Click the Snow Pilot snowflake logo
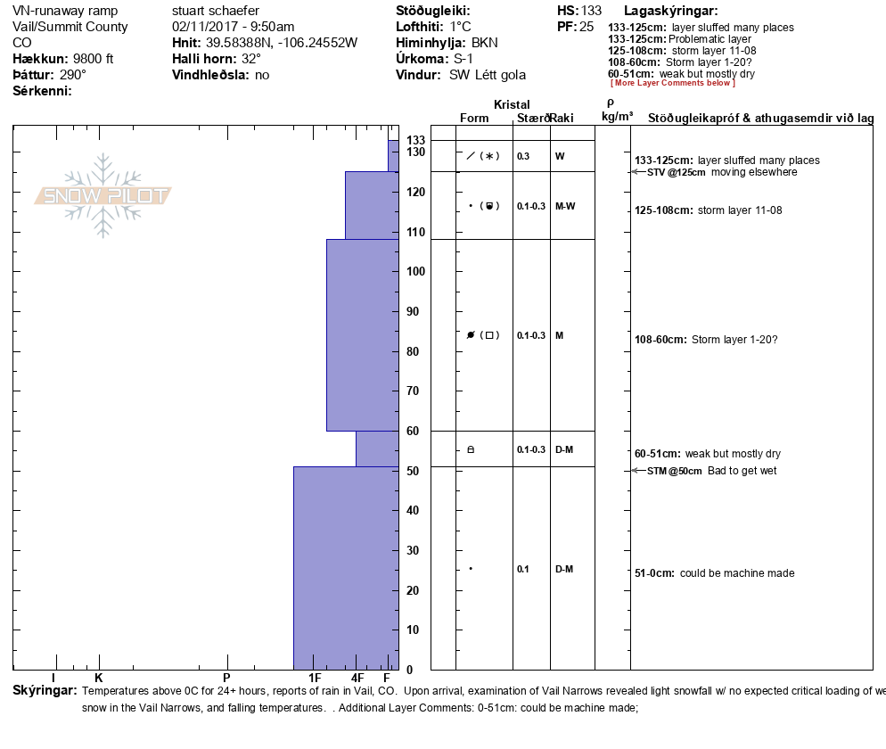[x=103, y=196]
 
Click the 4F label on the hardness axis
[x=357, y=678]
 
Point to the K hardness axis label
[x=99, y=678]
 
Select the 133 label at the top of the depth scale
[x=415, y=141]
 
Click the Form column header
[x=474, y=119]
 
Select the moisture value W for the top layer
[x=560, y=156]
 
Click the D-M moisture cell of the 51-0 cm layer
[x=563, y=569]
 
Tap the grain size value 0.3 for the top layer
[x=523, y=156]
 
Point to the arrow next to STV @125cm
[x=637, y=172]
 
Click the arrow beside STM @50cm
[x=637, y=471]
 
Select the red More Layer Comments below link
[x=672, y=83]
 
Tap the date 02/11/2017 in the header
[x=204, y=27]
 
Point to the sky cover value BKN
[x=485, y=43]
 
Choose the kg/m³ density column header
[x=617, y=117]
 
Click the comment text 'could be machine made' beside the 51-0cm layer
[x=737, y=573]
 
